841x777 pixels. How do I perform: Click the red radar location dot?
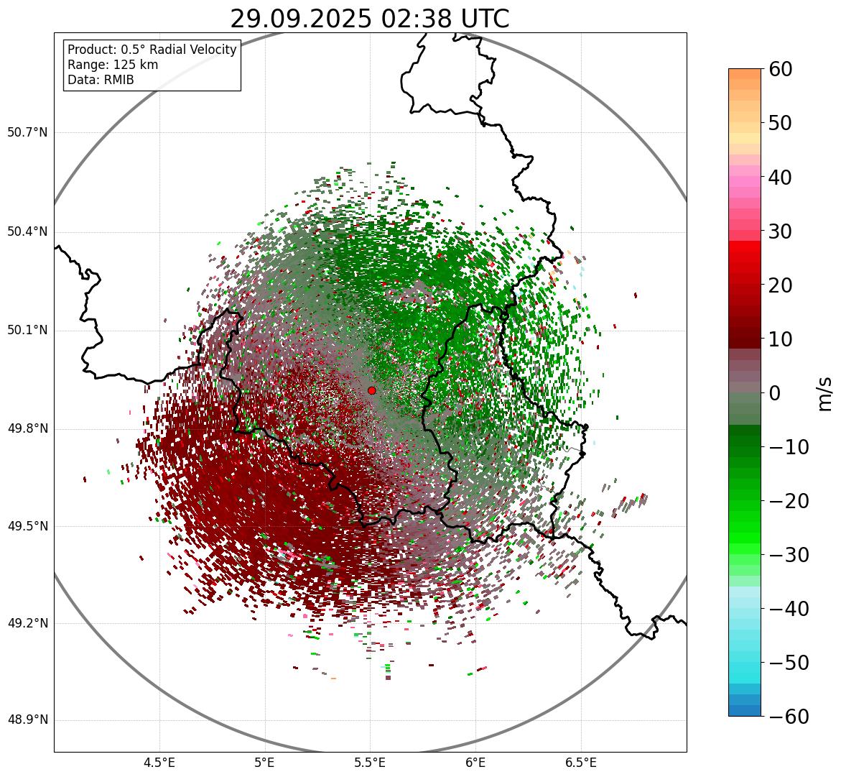pyautogui.click(x=371, y=390)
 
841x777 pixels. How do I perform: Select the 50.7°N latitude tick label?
pyautogui.click(x=27, y=133)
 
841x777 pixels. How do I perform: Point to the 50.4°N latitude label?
pyautogui.click(x=27, y=232)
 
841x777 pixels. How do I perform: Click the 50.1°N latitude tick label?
pyautogui.click(x=27, y=331)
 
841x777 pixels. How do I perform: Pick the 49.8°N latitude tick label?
pyautogui.click(x=27, y=429)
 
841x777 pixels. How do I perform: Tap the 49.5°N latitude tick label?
pyautogui.click(x=27, y=526)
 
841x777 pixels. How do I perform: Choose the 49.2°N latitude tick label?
pyautogui.click(x=27, y=623)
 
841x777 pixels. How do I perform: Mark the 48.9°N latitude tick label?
pyautogui.click(x=27, y=720)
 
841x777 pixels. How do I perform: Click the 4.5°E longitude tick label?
pyautogui.click(x=159, y=763)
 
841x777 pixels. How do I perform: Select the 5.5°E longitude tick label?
pyautogui.click(x=370, y=763)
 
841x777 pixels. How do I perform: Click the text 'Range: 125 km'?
pyautogui.click(x=113, y=65)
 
